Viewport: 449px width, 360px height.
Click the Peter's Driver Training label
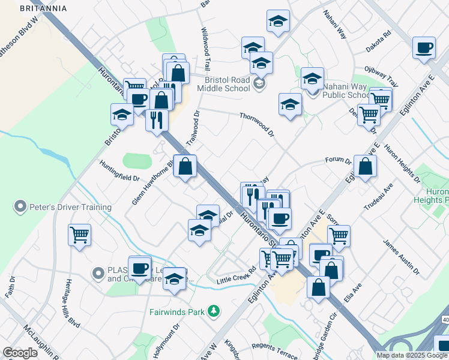(x=70, y=207)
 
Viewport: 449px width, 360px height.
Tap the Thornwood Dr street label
(x=256, y=124)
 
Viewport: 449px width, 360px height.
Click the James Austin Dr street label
(x=402, y=259)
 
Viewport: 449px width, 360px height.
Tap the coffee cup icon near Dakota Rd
(x=424, y=48)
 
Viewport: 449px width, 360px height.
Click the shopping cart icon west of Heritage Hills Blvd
(x=79, y=234)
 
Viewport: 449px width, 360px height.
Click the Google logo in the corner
(x=20, y=353)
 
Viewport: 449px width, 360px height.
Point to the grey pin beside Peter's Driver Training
(x=21, y=207)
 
